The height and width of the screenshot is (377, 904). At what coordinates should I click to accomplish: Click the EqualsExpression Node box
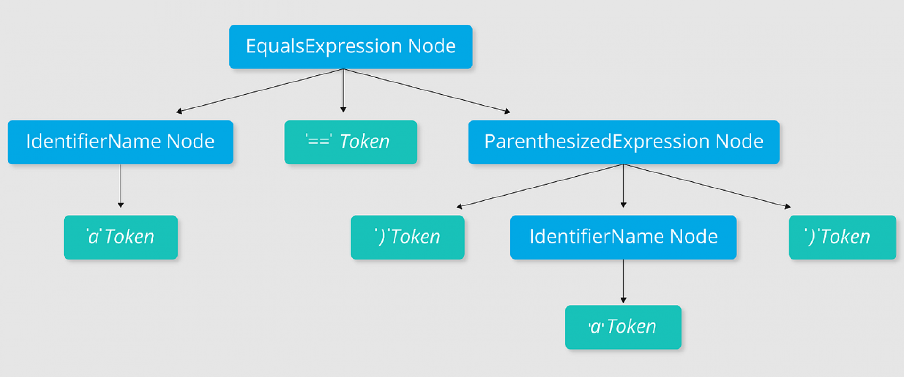point(351,47)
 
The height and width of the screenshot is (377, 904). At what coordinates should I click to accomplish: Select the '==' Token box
point(351,142)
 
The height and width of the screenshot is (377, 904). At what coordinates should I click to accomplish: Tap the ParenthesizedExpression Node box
point(624,142)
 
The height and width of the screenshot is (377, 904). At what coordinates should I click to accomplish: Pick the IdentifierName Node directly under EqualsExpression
point(120,142)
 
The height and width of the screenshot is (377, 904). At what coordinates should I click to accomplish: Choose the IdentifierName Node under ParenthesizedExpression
point(623,237)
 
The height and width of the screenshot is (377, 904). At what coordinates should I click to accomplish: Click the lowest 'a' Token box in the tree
point(623,327)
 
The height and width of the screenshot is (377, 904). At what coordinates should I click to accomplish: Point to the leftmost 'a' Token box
point(121,237)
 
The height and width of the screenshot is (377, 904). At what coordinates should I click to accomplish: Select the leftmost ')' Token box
point(408,237)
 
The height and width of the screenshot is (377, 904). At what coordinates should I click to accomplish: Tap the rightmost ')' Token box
point(842,237)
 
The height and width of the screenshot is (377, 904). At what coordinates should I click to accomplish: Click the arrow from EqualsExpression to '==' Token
point(343,90)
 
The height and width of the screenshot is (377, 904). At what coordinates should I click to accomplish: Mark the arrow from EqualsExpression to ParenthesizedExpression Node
point(427,90)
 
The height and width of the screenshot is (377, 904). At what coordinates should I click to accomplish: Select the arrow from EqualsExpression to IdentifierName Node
point(259,90)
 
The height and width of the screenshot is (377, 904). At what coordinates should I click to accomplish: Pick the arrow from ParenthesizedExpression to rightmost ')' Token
point(707,186)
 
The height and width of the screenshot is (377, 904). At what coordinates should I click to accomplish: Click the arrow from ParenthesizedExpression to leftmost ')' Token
point(540,186)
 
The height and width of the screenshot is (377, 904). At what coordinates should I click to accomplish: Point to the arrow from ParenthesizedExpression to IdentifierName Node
point(623,186)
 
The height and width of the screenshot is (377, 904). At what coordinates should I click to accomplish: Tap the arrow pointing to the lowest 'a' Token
point(623,281)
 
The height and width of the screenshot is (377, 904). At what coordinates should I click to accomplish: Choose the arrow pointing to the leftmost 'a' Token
point(121,186)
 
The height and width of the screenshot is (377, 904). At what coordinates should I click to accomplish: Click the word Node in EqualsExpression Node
point(432,46)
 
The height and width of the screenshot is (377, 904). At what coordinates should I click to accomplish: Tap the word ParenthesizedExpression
point(597,142)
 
